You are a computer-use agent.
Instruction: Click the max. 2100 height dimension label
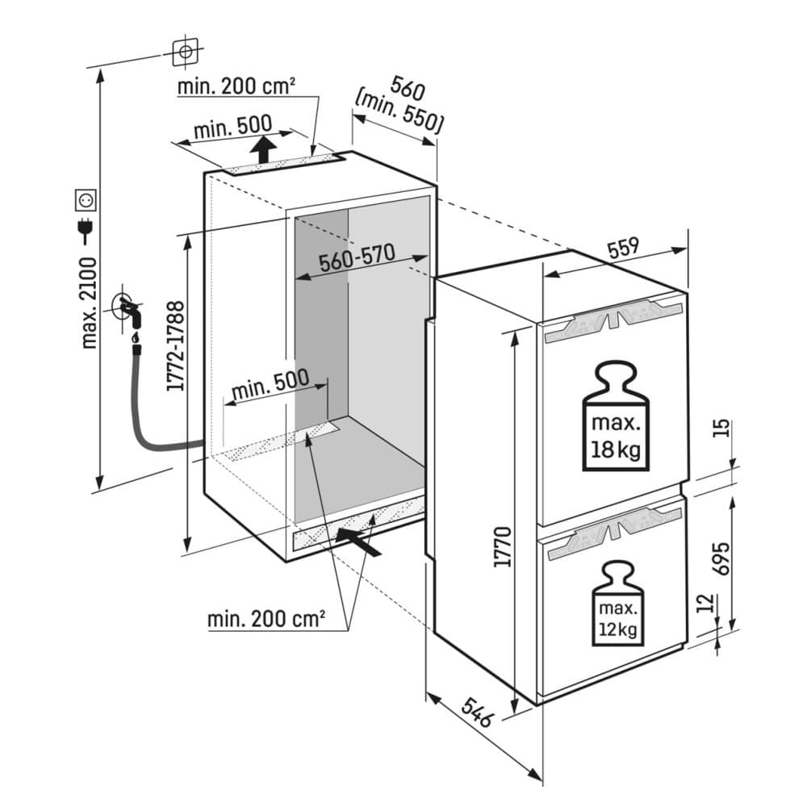[90, 302]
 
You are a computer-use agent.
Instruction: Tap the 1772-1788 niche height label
[176, 345]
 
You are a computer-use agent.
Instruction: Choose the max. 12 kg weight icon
[619, 604]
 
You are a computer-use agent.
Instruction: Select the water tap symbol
[128, 308]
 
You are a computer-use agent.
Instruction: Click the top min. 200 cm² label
[236, 86]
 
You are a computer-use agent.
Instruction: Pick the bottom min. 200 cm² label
[266, 619]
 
